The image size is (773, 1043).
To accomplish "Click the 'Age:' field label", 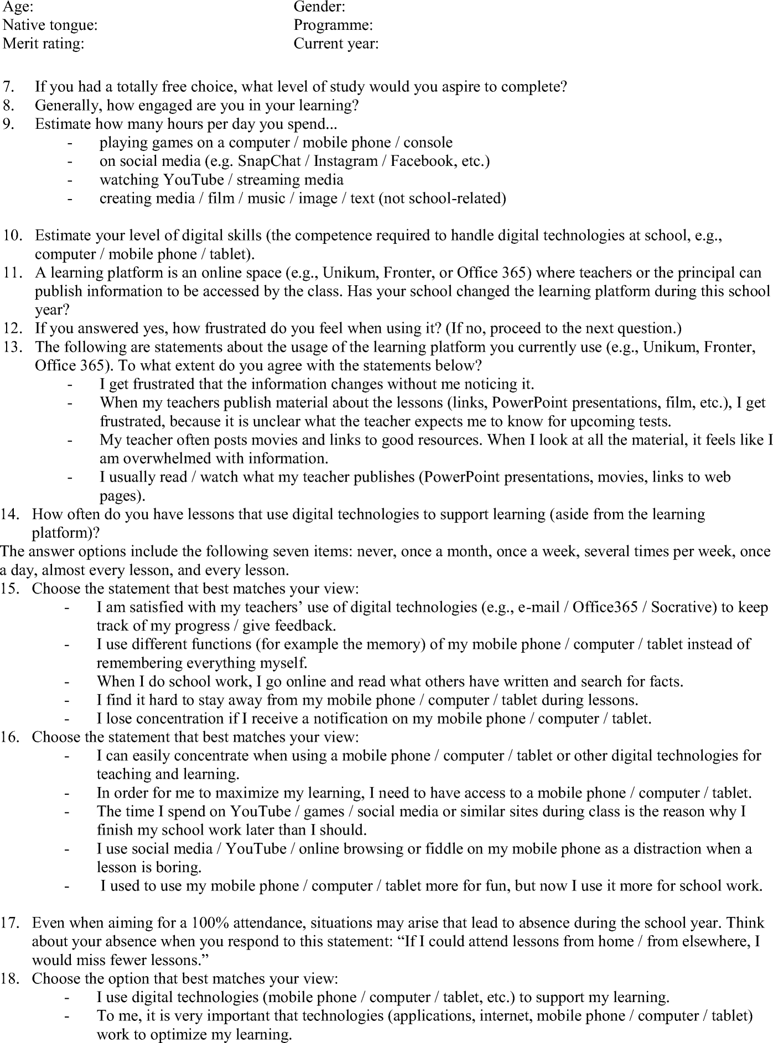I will pyautogui.click(x=18, y=7).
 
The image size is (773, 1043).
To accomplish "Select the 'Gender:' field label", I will pyautogui.click(x=319, y=7).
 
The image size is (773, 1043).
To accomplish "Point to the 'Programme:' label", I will pyautogui.click(x=333, y=25).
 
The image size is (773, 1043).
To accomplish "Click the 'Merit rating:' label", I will pyautogui.click(x=43, y=44).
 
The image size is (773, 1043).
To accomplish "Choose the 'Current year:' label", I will pyautogui.click(x=336, y=44).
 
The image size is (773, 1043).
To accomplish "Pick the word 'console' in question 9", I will pyautogui.click(x=428, y=143).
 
